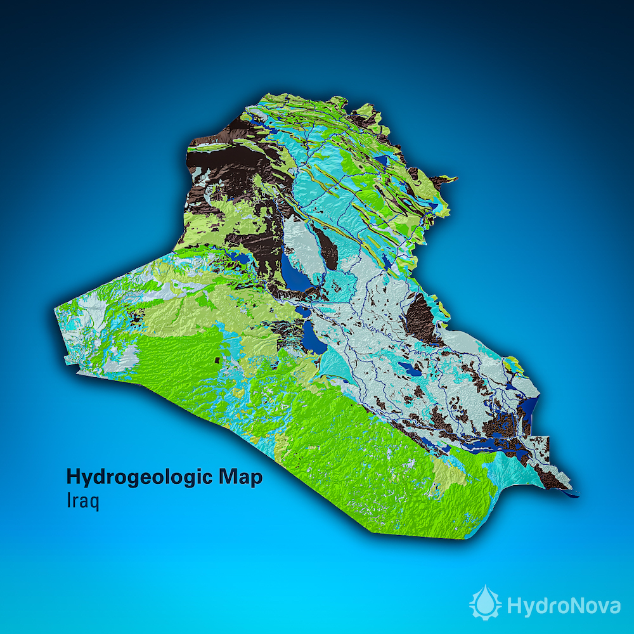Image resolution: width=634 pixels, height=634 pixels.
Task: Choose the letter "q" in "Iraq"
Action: tap(94, 503)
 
